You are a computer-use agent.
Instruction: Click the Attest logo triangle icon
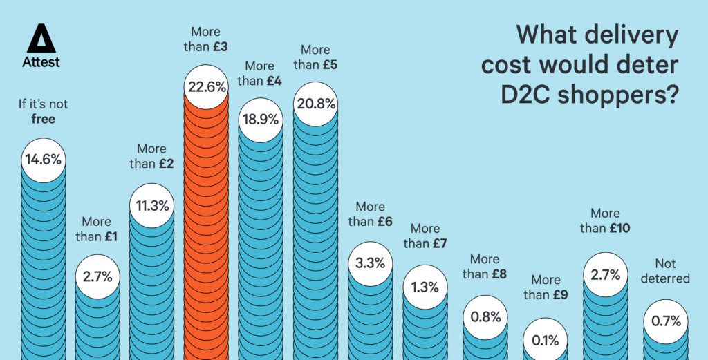coord(41,39)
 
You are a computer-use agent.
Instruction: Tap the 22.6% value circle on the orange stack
coord(206,87)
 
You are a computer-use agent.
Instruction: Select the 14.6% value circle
coord(43,160)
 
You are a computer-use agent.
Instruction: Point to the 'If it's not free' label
coord(43,112)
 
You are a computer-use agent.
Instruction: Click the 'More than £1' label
coord(96,229)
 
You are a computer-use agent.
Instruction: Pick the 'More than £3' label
coord(206,39)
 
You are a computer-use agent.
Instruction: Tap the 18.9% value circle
coord(260,120)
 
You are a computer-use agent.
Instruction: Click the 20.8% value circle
coord(315,104)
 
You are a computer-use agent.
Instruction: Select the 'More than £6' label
coord(371,214)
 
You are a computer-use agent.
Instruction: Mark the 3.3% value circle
coord(371,263)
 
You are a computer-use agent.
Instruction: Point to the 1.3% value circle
coord(425,287)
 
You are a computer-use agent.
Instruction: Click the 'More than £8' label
coord(484,267)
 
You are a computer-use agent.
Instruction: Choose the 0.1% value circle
coord(546,339)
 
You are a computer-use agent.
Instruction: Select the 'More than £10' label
coord(605,221)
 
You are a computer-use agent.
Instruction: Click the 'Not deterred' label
coord(665,271)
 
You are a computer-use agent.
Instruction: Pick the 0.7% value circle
coord(666,321)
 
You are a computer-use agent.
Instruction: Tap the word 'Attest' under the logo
coord(41,62)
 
